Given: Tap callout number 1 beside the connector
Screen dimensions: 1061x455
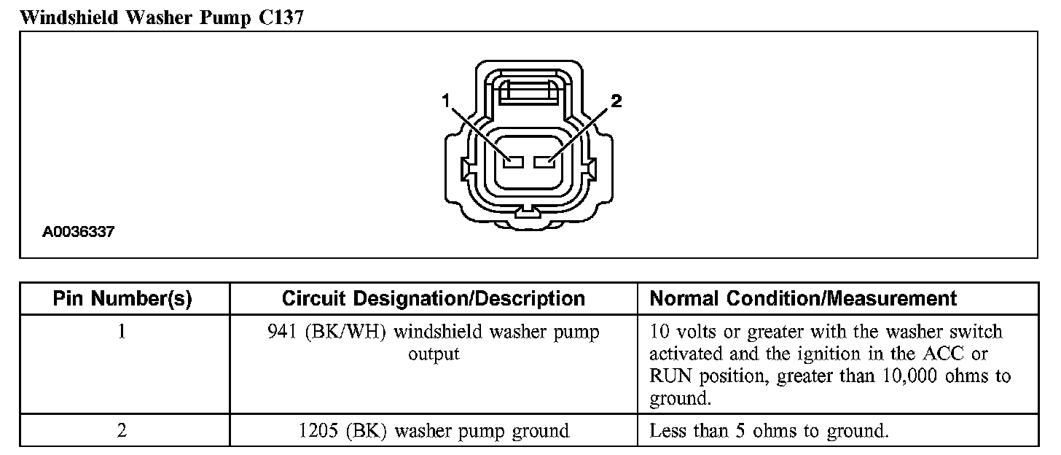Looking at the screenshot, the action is coord(444,102).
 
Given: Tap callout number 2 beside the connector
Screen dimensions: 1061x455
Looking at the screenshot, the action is coord(616,102).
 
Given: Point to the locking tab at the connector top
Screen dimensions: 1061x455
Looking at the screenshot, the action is coord(528,92).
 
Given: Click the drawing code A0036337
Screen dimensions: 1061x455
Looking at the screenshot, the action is coord(79,233).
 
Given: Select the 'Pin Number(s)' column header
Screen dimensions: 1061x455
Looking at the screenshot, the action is coord(122,298).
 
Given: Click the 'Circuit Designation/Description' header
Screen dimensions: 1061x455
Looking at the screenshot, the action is coord(433,298).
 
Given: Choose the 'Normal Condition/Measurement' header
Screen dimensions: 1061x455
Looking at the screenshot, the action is coord(803,298).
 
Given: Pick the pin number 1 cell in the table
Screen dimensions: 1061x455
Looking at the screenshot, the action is coord(122,332).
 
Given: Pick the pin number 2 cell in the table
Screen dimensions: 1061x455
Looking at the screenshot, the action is coord(122,431).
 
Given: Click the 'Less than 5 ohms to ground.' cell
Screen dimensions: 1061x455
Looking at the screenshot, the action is coord(768,431).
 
